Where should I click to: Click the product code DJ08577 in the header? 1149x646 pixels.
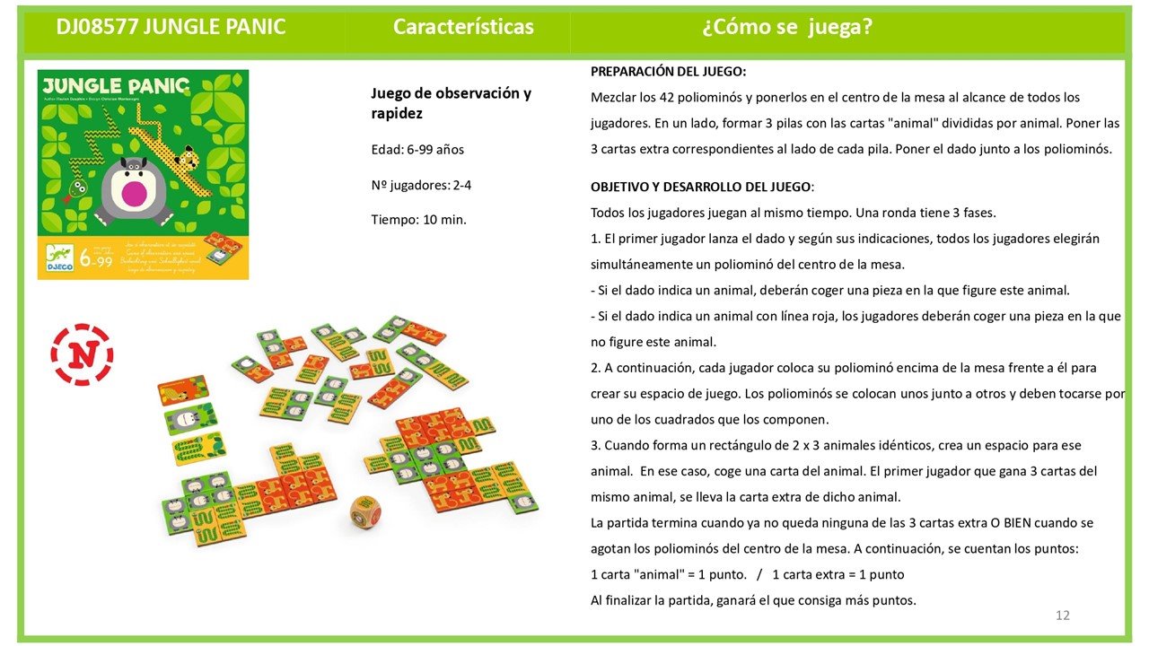[94, 27]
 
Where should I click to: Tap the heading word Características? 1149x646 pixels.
[463, 27]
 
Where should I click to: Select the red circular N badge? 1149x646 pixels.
[82, 354]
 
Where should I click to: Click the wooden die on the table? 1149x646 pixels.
[365, 513]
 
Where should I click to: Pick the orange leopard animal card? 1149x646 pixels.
[182, 390]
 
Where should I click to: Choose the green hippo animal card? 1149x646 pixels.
[190, 419]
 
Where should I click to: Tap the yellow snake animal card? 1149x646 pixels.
[198, 449]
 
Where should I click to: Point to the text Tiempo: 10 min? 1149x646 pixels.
[418, 219]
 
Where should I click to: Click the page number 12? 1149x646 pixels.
[1063, 615]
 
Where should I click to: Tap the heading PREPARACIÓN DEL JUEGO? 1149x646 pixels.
[668, 72]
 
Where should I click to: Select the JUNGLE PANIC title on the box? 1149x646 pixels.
[114, 86]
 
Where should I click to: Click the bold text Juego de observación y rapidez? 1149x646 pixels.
[451, 103]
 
